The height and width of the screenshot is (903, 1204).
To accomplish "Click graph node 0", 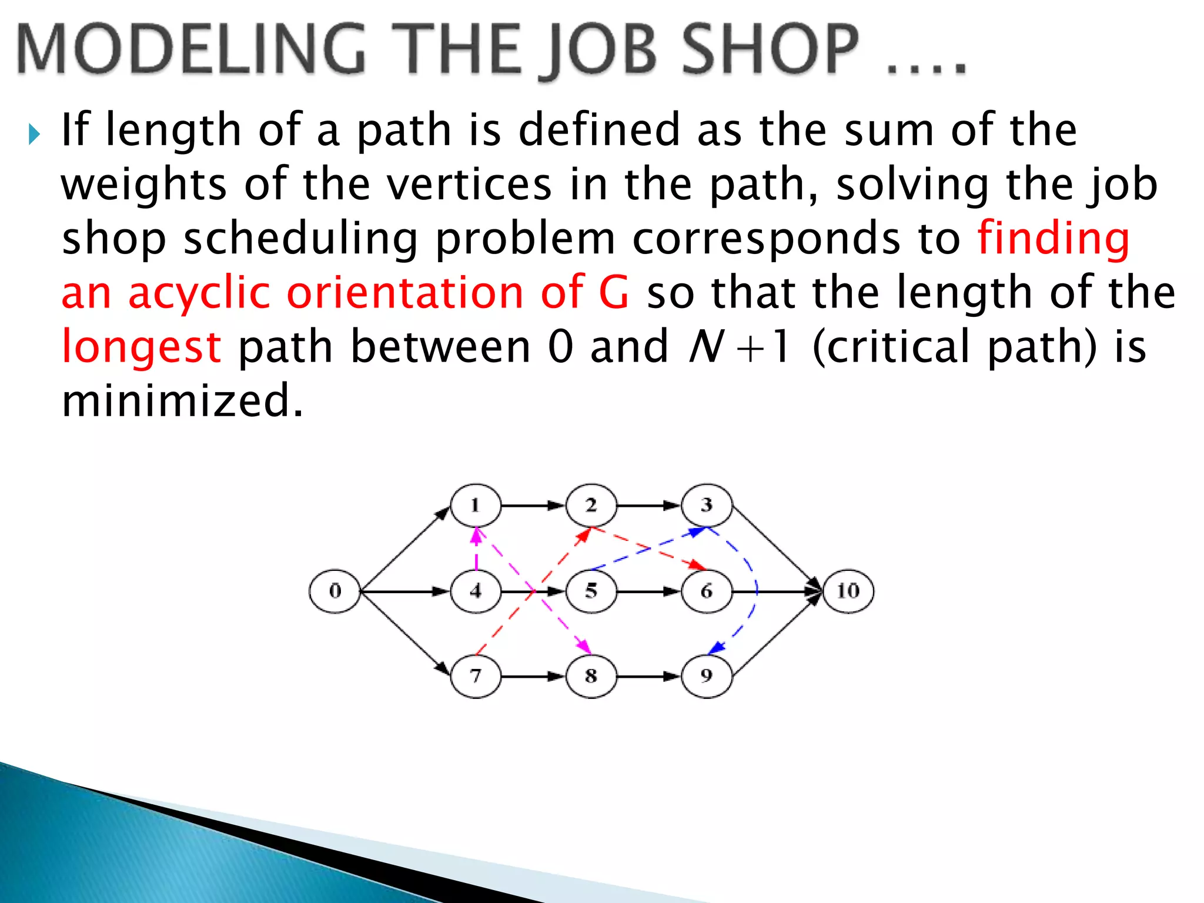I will (x=334, y=591).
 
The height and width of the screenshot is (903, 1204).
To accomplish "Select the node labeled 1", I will (x=476, y=505).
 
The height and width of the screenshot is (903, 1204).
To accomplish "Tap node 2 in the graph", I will (x=591, y=505).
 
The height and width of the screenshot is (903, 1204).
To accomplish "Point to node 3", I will (x=706, y=505).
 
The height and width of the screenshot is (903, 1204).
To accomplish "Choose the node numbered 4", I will (x=476, y=591).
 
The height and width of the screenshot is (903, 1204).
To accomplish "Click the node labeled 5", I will (x=591, y=591).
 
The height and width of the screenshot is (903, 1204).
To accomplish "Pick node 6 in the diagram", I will (x=706, y=591).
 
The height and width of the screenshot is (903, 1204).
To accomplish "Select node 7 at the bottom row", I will (x=476, y=676).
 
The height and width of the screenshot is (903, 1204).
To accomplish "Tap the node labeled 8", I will (x=591, y=676).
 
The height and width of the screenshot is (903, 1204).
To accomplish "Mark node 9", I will (x=706, y=676).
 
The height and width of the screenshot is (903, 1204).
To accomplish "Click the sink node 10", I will (x=848, y=591).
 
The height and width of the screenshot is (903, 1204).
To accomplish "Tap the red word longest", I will (x=142, y=347).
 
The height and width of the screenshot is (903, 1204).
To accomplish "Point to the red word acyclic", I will (x=199, y=293).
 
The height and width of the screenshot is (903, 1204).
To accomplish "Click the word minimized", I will (x=182, y=400).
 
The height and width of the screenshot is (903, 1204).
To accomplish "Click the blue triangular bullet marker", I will (x=35, y=135).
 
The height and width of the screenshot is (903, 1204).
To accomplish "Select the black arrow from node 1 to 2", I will (x=533, y=505).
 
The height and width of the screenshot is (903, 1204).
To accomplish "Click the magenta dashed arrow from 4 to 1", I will (x=476, y=549).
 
